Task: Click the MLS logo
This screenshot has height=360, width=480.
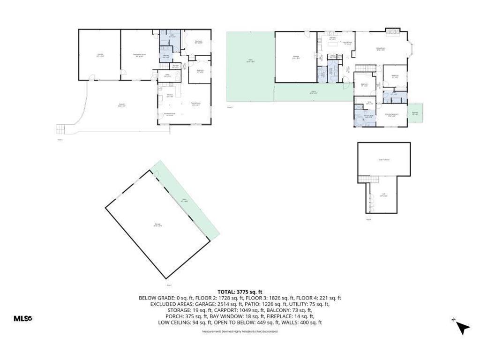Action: (23, 319)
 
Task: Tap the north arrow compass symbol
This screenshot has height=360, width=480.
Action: (462, 328)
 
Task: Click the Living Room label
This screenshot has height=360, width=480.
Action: (380, 48)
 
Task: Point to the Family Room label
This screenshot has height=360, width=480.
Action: (195, 104)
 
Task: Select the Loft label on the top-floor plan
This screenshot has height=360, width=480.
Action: (384, 195)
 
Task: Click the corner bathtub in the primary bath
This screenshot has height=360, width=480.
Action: (359, 120)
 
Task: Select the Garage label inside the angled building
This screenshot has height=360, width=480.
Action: (157, 225)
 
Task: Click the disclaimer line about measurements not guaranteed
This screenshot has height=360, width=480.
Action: (240, 331)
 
